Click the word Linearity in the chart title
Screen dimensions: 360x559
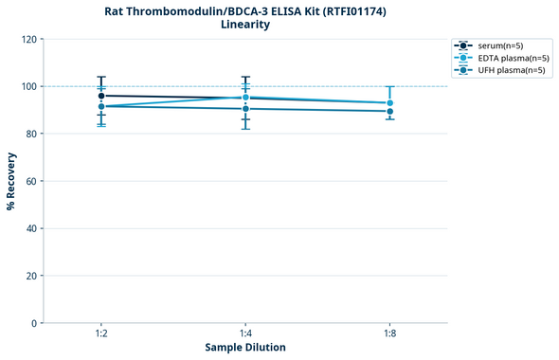244,25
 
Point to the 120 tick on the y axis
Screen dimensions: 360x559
28,40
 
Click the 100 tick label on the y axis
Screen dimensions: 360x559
28,87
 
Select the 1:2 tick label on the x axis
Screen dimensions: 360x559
100,333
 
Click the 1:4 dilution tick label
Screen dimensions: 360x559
245,333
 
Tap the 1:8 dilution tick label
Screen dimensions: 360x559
390,333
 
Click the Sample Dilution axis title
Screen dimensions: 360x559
245,348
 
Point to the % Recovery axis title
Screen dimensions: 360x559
11,181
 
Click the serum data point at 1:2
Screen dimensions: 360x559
100,96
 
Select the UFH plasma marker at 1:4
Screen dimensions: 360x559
245,109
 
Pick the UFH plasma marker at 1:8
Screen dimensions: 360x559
390,111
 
